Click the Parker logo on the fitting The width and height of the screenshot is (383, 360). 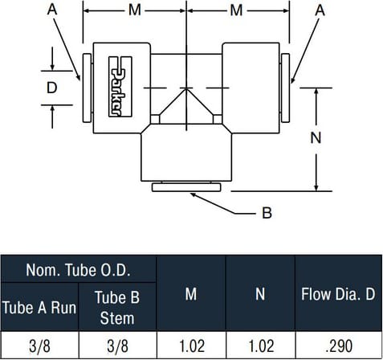120,87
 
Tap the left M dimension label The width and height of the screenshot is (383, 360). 135,10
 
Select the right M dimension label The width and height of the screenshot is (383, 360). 236,10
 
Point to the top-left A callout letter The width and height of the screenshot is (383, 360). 52,10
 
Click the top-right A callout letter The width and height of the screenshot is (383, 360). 320,10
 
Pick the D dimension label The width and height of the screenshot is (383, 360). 51,88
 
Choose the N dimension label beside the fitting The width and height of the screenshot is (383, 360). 316,138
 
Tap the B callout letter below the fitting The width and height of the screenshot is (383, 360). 267,213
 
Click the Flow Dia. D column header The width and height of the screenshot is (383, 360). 338,294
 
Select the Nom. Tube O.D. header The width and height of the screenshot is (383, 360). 78,270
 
